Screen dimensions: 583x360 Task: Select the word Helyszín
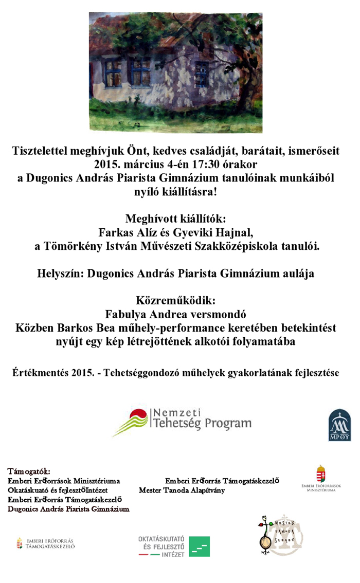point(60,274)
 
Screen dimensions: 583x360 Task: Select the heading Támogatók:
point(29,471)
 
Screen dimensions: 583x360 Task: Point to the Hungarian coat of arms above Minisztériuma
point(321,473)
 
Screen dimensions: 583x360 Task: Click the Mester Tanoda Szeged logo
point(280,535)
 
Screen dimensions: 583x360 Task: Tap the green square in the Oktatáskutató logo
point(199,546)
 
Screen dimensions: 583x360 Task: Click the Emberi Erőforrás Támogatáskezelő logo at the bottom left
point(46,543)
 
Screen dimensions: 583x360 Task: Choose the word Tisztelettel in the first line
point(45,152)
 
